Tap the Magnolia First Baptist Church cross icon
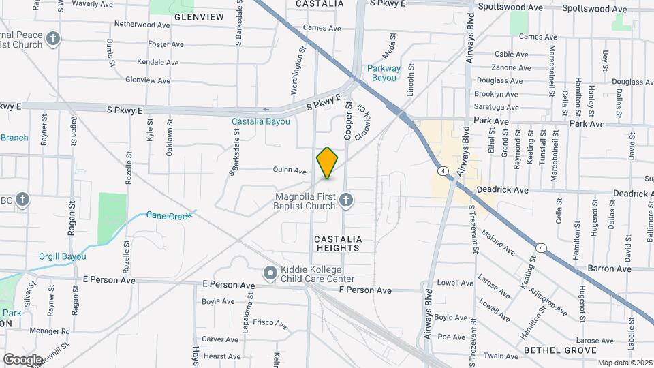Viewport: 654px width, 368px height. coord(346,200)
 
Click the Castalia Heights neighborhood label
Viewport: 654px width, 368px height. coord(337,243)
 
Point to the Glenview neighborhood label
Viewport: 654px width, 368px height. coord(199,16)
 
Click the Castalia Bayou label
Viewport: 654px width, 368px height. coord(261,122)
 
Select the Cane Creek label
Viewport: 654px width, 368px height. coord(169,215)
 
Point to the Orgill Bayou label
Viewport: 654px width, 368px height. coord(63,256)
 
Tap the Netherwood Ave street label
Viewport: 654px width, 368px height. coord(142,25)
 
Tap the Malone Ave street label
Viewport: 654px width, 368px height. coord(497,242)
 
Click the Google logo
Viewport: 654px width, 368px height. coord(22,359)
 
